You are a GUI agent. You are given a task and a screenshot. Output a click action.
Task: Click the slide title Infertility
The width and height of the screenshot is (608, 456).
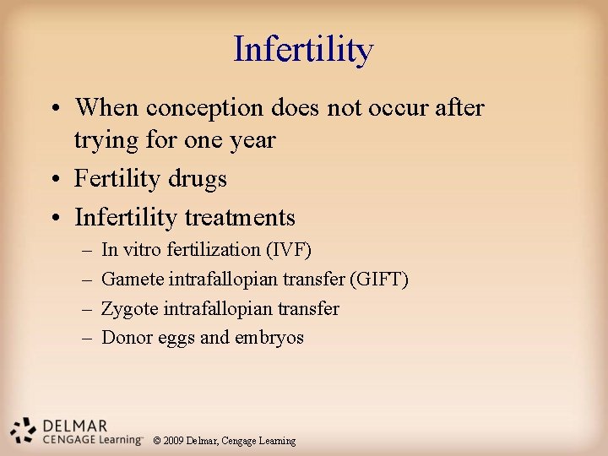[303, 50]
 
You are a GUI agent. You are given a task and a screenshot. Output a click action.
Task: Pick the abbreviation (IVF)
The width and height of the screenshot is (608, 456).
[289, 250]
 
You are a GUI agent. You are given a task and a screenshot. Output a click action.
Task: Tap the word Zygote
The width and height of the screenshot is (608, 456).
[129, 309]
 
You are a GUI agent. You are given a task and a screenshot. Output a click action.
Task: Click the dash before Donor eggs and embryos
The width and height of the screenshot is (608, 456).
[88, 339]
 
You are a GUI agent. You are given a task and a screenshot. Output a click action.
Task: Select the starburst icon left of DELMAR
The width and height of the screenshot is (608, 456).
[23, 431]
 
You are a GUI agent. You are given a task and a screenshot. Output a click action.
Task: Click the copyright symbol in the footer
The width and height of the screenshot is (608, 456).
[157, 441]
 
